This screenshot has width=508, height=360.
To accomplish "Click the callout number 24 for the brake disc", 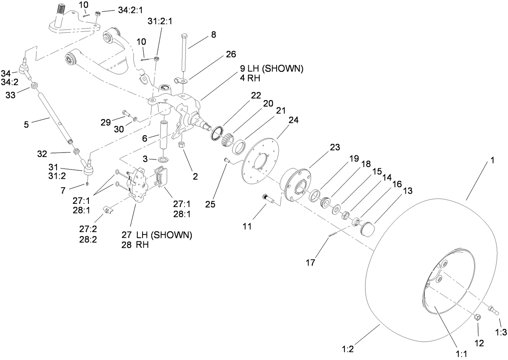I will tap(294, 119).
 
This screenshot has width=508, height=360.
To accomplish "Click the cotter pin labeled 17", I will tap(335, 233).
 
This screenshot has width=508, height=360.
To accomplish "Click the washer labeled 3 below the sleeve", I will tap(163, 161).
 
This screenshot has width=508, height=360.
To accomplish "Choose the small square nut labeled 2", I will tap(181, 145).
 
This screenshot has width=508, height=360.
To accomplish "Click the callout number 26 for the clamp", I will tap(231, 54).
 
